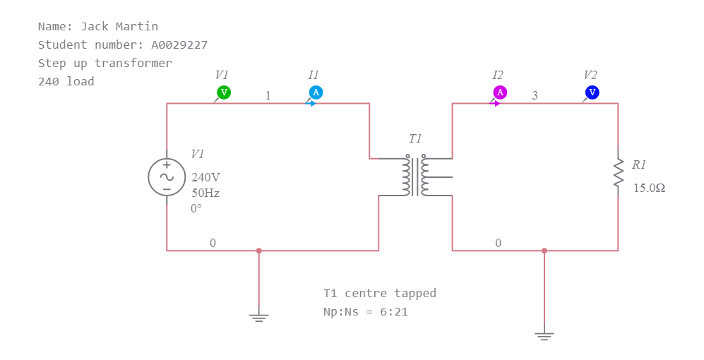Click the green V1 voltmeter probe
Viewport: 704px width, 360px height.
coord(223,92)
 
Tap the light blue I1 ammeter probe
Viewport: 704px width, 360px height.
coord(316,92)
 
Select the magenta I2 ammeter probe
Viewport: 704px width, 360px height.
coord(500,92)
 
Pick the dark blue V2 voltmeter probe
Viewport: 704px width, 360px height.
coord(592,92)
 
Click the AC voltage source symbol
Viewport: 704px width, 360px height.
coord(167,177)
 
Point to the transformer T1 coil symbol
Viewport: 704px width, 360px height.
coord(415,176)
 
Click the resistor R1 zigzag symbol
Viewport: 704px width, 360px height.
coord(619,173)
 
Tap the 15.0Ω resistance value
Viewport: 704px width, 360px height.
coord(649,188)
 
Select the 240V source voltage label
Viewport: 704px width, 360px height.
coord(206,178)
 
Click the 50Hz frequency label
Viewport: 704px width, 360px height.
coord(205,193)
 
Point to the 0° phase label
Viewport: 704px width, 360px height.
coord(196,208)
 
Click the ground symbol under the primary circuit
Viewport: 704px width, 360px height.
coord(259,317)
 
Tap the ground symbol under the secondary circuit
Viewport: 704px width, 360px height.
coord(544,335)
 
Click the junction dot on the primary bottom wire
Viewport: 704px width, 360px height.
coord(259,251)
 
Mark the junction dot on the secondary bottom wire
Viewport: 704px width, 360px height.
coord(544,251)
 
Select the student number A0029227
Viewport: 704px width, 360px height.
coord(179,44)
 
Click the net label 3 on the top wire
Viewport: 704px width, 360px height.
coord(535,95)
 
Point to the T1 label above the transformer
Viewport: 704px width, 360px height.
coord(415,139)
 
